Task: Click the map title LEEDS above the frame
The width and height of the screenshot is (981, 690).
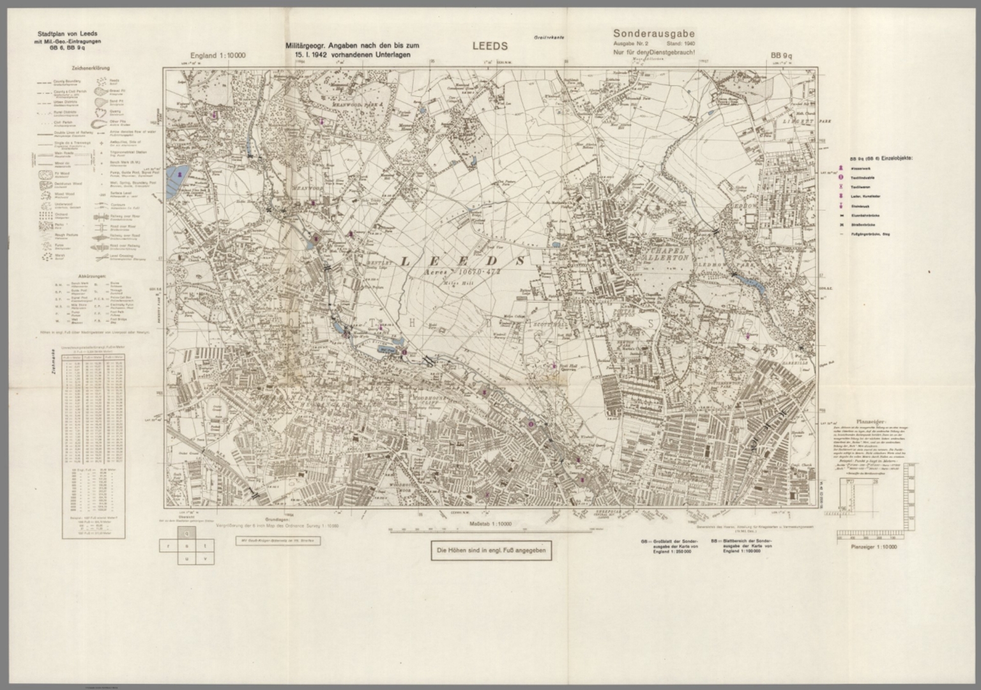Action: coord(490,46)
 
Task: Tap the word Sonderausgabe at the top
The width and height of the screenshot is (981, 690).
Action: coord(653,33)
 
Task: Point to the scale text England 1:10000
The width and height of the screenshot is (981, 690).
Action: coord(217,56)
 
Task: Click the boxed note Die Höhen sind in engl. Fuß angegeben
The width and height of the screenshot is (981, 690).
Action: coord(490,550)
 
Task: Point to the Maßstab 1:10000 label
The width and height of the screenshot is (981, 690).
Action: coord(490,525)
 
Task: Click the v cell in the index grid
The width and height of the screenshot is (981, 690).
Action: coord(205,559)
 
